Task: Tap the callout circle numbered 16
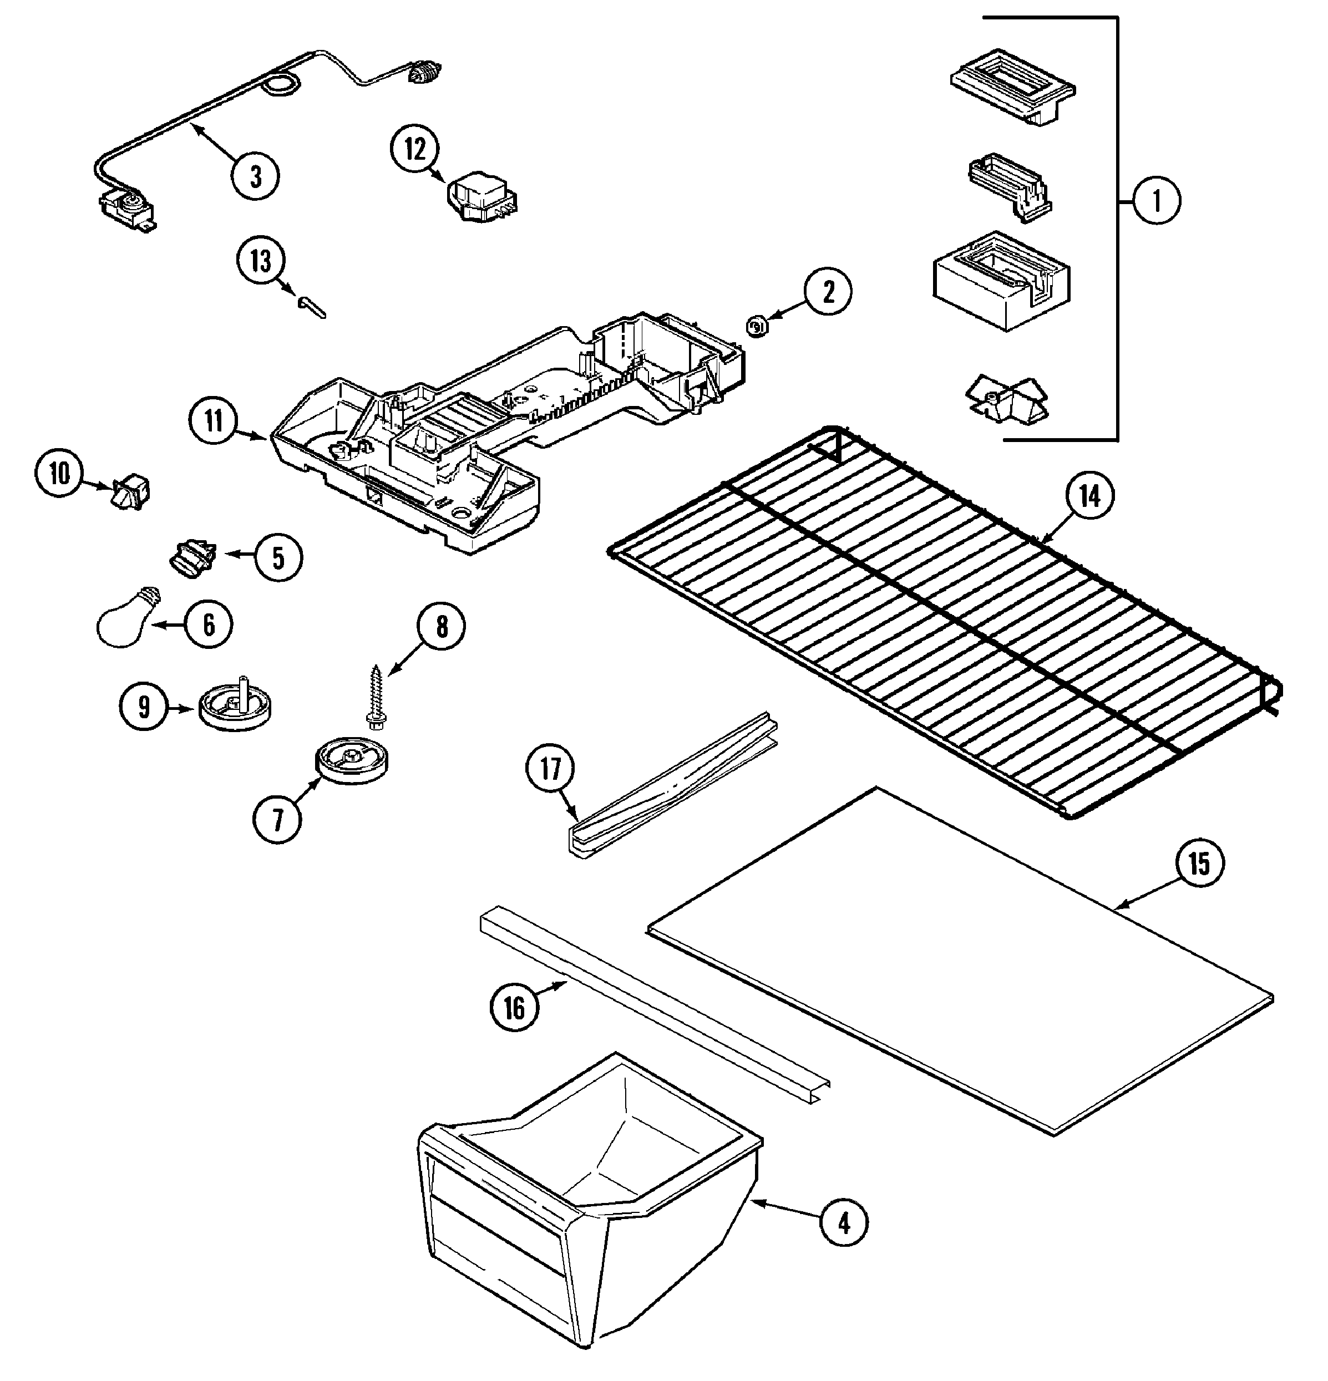(514, 1008)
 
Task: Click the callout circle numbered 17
(550, 768)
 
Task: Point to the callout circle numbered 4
(844, 1224)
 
